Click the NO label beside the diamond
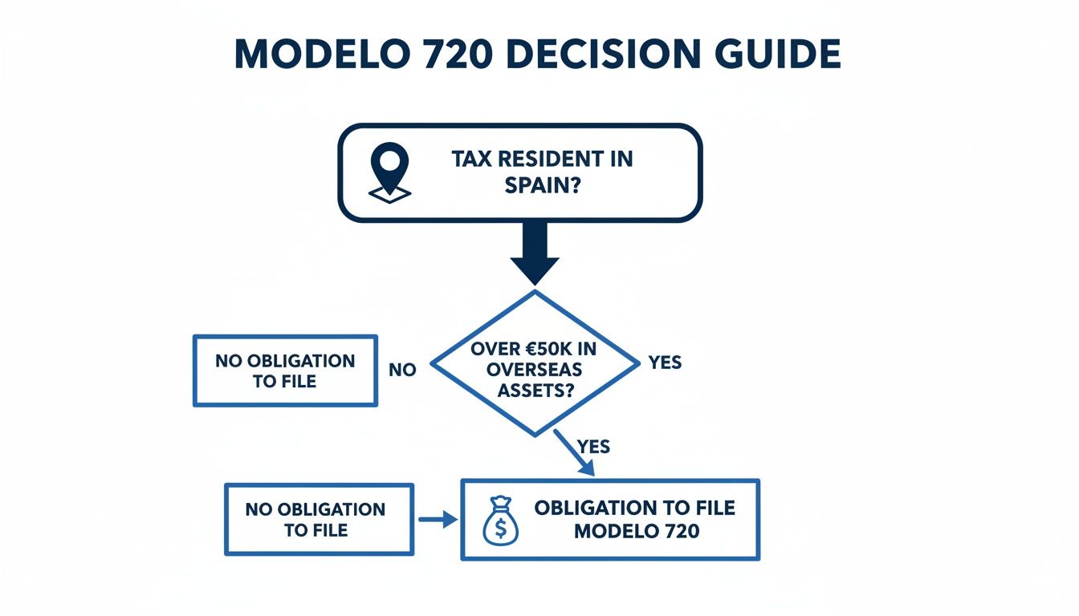tap(401, 371)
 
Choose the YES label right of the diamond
tap(665, 363)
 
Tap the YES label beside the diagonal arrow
tap(593, 446)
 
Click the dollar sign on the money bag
tap(499, 526)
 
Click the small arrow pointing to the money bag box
tap(437, 520)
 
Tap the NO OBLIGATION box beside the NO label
tap(285, 371)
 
